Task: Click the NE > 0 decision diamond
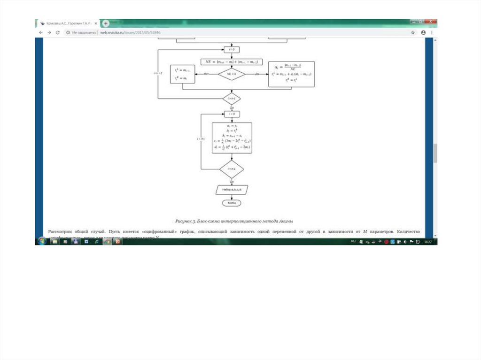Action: tap(232, 74)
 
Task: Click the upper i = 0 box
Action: tap(232, 49)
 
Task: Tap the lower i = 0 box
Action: tap(232, 114)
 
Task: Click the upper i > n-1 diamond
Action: tap(232, 99)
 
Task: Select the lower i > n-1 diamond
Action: tap(232, 169)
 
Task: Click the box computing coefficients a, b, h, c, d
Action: tap(232, 138)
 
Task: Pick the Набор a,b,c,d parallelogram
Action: tap(232, 190)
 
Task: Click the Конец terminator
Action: tap(232, 203)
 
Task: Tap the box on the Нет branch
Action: tap(182, 74)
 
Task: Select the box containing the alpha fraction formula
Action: tap(291, 74)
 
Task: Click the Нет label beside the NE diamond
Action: tap(206, 74)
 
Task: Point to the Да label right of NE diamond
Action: tap(256, 74)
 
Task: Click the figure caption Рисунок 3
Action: tap(234, 221)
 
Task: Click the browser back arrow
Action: tap(40, 32)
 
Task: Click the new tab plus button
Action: tap(106, 23)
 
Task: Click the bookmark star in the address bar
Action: tap(413, 32)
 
